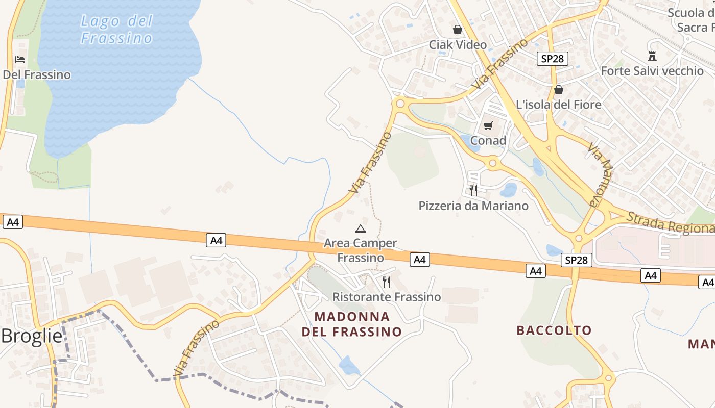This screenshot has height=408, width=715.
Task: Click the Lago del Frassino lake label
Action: pos(117,30)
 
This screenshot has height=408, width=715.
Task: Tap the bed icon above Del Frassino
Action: pos(20,60)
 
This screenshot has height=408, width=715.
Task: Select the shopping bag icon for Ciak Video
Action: pos(458,30)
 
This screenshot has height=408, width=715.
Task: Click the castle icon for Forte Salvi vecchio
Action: pos(652,56)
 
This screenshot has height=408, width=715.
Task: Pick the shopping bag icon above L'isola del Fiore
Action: pos(559,90)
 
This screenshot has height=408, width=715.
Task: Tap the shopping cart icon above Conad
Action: pos(488,125)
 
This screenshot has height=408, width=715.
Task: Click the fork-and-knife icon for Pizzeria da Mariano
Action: pos(473,191)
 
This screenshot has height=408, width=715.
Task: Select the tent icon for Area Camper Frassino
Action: pos(361,228)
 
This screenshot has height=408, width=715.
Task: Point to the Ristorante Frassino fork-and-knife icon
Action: pos(387,282)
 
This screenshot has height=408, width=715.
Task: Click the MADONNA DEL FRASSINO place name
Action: pos(352,324)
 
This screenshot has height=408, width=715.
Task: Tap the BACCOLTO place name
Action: pos(554,330)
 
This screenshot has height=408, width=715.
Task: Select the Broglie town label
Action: pos(32,337)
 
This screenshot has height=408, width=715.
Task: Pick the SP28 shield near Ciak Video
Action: pos(552,59)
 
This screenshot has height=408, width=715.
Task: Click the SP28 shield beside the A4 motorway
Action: pos(576,260)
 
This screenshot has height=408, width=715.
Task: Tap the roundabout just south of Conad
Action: pos(492,164)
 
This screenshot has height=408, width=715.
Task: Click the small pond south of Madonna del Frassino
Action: pos(349,365)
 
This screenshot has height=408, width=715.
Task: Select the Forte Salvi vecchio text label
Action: pos(652,71)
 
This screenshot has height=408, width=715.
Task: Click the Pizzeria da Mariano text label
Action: pos(473,206)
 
